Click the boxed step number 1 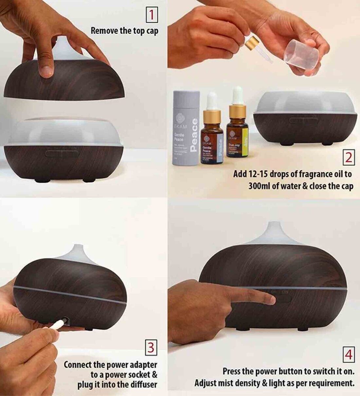(x=152, y=15)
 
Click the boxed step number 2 (x=349, y=157)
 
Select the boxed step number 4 (x=349, y=354)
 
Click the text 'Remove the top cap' (x=124, y=31)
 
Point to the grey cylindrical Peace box (x=186, y=128)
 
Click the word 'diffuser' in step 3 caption (x=144, y=384)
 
